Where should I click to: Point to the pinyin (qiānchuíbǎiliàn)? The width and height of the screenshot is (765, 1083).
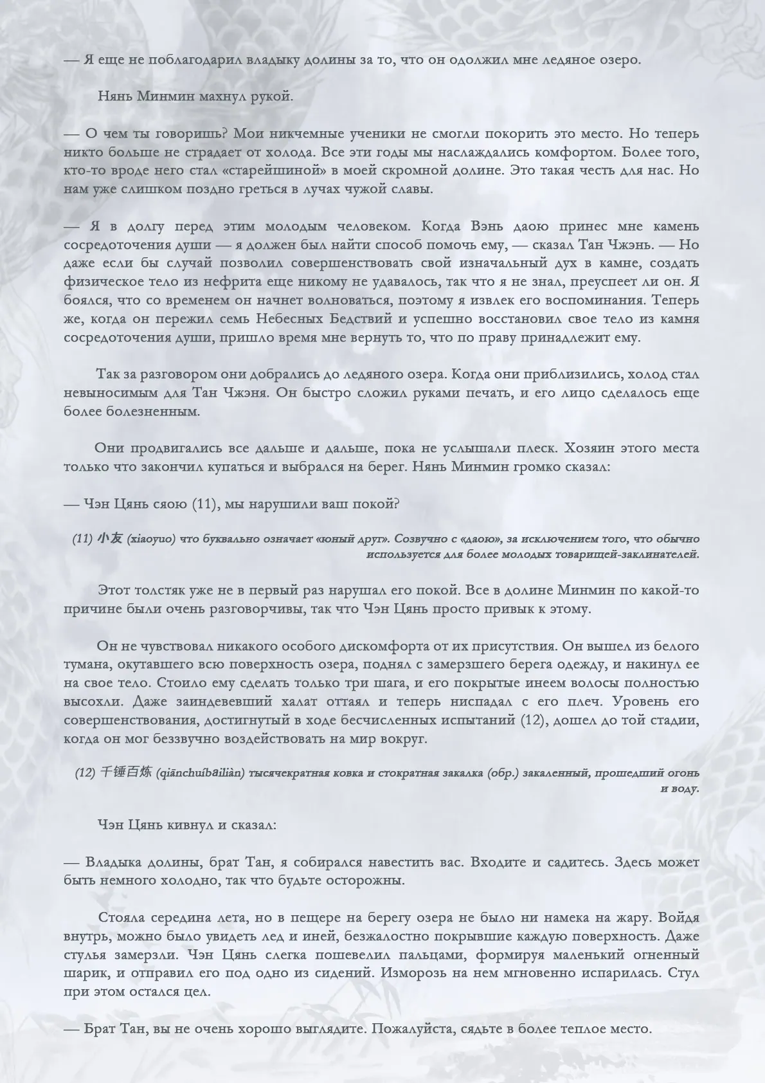click(x=200, y=773)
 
